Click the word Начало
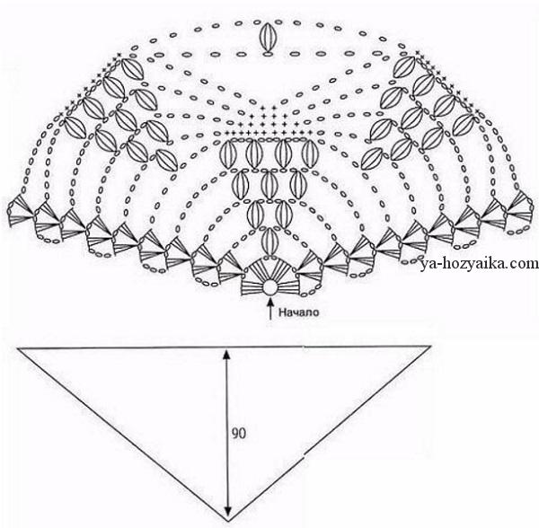[298, 312]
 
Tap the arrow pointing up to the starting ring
[270, 309]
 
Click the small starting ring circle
[269, 287]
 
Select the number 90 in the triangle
[239, 434]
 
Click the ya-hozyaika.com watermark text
[479, 263]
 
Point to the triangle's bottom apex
[227, 522]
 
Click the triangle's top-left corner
[18, 348]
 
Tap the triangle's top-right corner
[430, 347]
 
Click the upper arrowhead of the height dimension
[226, 354]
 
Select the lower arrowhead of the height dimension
[227, 515]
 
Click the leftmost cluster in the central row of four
[227, 154]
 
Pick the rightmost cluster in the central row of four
[309, 154]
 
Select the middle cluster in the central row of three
[269, 185]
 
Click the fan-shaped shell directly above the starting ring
[269, 271]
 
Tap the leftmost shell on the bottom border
[20, 210]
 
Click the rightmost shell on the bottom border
[520, 208]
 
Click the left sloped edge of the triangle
[123, 436]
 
